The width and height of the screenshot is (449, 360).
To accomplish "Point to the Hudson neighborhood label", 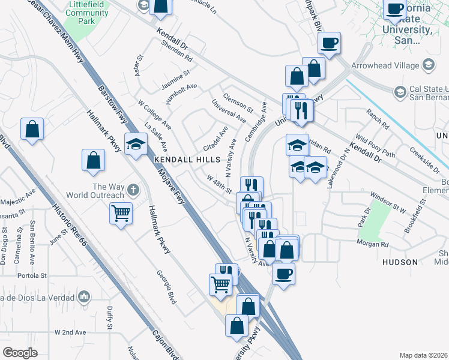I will tap(400, 262).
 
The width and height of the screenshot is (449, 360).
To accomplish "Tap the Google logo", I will tap(20, 352).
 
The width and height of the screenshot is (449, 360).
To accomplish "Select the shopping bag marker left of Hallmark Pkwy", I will tap(93, 160).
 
